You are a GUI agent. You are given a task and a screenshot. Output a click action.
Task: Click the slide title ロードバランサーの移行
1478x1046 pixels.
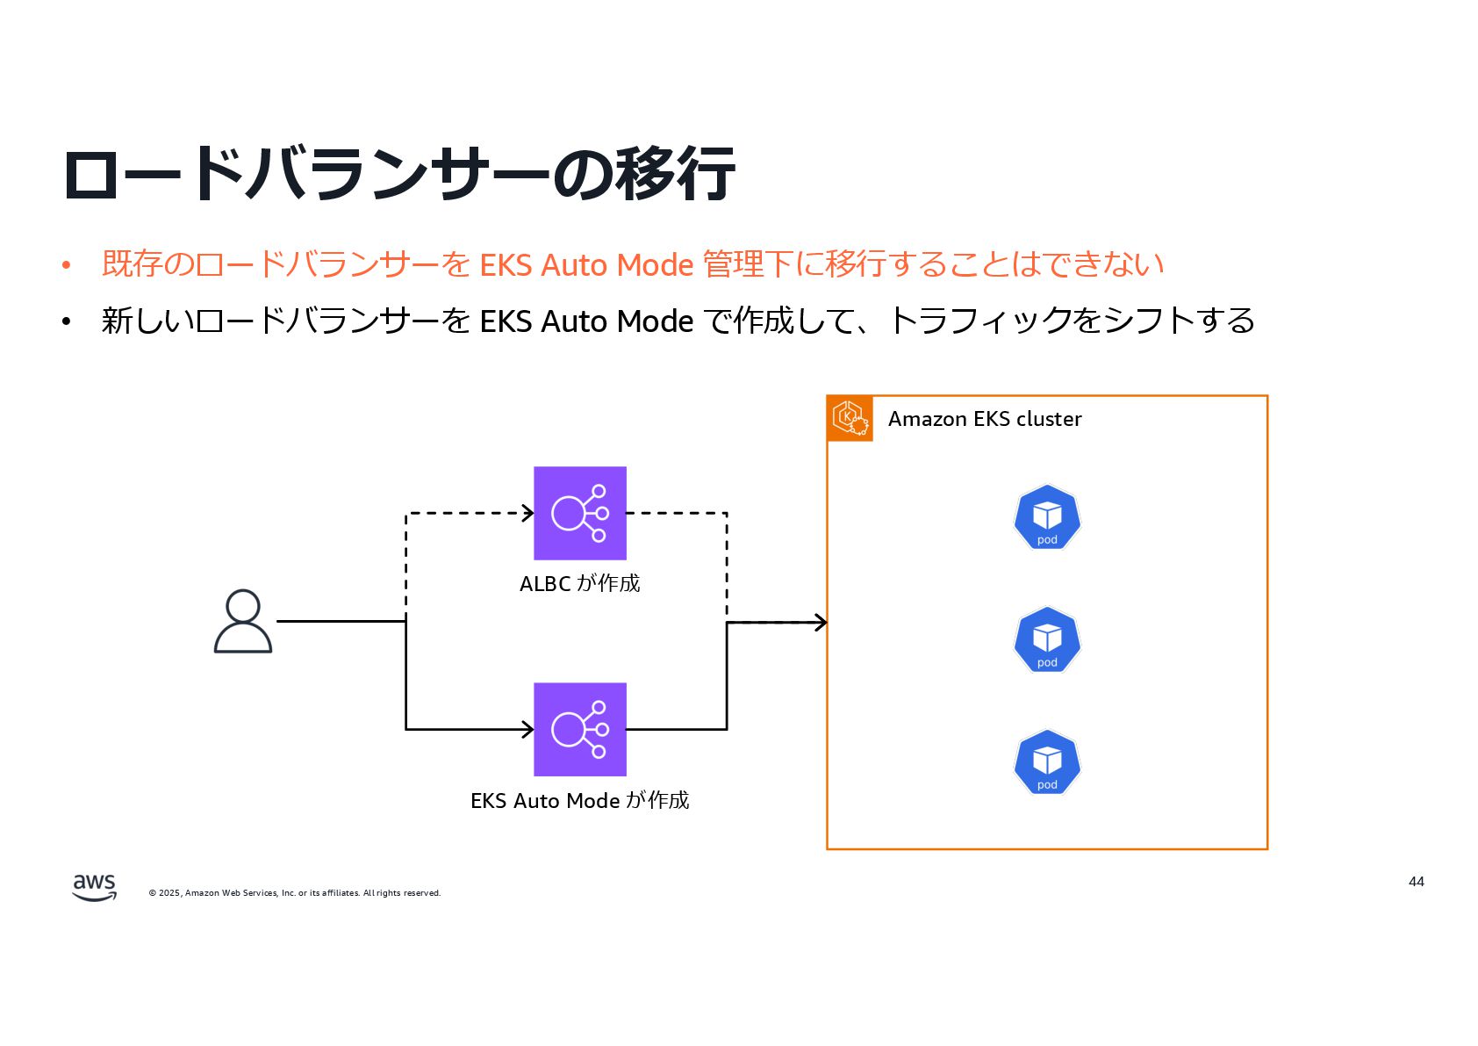click(399, 174)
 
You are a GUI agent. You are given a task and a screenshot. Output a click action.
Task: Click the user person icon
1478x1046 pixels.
click(243, 621)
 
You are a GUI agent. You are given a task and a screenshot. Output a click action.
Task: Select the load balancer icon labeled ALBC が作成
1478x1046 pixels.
click(580, 513)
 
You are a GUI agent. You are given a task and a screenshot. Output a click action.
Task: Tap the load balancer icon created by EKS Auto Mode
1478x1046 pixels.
click(580, 729)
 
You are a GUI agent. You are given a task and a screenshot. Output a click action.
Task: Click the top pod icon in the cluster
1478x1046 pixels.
click(1047, 517)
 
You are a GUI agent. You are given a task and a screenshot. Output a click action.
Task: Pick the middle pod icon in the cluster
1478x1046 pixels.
click(1047, 640)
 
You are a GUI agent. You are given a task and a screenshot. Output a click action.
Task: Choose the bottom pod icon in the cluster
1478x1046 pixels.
click(1047, 762)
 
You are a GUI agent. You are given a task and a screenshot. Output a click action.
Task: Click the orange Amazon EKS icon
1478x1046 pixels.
click(850, 418)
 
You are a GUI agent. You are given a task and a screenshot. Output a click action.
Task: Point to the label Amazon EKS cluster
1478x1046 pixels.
click(985, 419)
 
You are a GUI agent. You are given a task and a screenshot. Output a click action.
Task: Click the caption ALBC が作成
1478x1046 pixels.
click(580, 583)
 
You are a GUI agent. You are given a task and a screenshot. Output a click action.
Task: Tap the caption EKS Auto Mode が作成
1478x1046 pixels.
click(580, 800)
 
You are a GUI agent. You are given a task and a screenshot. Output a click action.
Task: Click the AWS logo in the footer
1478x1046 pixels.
click(94, 887)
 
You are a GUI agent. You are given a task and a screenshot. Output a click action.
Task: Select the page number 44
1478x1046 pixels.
click(1416, 881)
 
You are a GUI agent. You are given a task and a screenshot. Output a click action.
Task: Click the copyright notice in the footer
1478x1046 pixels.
click(295, 893)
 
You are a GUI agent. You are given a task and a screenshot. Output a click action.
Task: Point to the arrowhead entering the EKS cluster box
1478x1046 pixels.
click(821, 622)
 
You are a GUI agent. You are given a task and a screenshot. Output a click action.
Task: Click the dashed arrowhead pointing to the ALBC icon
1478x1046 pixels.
click(528, 513)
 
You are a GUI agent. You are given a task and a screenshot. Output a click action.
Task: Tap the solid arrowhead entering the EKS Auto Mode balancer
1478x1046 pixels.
click(528, 729)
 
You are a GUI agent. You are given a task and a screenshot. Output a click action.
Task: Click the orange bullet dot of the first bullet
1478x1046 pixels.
click(66, 264)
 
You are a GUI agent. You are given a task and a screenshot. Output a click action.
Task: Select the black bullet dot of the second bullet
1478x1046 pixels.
click(66, 321)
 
